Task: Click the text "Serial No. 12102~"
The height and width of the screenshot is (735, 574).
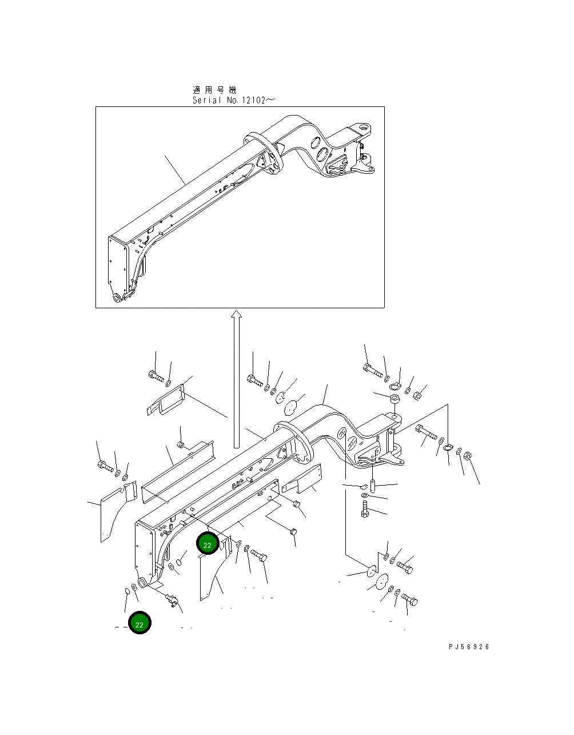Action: [x=233, y=100]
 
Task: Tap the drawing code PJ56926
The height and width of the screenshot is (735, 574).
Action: [x=469, y=647]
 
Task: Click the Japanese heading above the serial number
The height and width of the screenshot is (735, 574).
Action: [x=214, y=90]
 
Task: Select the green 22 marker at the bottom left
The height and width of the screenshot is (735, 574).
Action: [x=139, y=623]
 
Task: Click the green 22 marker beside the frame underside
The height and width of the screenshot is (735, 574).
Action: [x=207, y=545]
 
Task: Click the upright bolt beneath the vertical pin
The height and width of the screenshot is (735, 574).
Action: [x=365, y=508]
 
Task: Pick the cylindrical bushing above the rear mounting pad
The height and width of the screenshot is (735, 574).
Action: [x=394, y=398]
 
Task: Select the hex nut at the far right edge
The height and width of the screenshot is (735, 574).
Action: [x=466, y=456]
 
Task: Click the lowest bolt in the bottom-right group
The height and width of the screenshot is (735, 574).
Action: [x=410, y=600]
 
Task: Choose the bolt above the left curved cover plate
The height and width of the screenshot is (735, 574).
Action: [x=105, y=466]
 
